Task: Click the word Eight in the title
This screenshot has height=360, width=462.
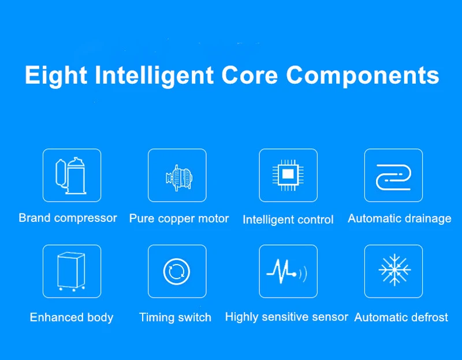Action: click(x=56, y=76)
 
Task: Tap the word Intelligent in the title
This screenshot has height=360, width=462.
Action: click(x=154, y=76)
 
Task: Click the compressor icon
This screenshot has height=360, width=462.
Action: click(x=71, y=176)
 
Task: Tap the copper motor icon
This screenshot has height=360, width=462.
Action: click(x=179, y=178)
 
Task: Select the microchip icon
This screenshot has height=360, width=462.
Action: click(x=288, y=175)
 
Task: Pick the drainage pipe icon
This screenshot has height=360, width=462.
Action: click(x=394, y=177)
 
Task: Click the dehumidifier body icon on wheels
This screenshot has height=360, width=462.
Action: click(x=71, y=271)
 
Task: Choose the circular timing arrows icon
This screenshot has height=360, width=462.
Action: click(x=177, y=271)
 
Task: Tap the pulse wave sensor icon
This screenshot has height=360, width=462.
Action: click(x=286, y=271)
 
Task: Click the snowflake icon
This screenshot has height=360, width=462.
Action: click(x=394, y=270)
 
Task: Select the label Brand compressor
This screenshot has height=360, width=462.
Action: click(x=68, y=218)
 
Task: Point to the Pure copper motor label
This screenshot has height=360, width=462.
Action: click(x=179, y=219)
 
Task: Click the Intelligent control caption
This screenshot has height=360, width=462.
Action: click(x=288, y=220)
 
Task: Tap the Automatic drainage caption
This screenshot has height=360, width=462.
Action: click(x=399, y=219)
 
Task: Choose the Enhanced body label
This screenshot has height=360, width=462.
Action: click(x=72, y=318)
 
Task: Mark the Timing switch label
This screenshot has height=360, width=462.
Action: click(x=175, y=318)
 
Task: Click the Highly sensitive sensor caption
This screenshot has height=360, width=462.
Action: click(x=286, y=317)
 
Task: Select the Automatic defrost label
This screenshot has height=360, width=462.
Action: click(x=401, y=318)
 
